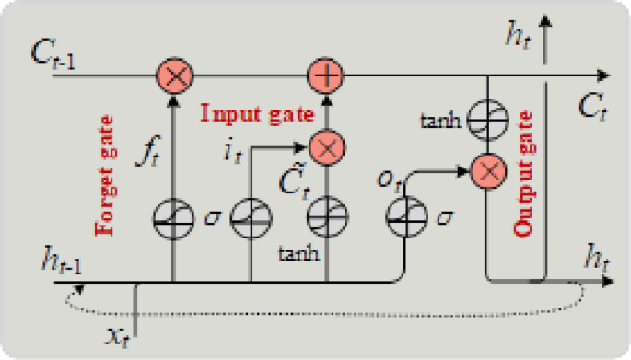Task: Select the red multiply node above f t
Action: pyautogui.click(x=172, y=73)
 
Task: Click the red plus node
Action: pyautogui.click(x=323, y=73)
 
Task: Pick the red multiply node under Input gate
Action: pyautogui.click(x=323, y=145)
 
